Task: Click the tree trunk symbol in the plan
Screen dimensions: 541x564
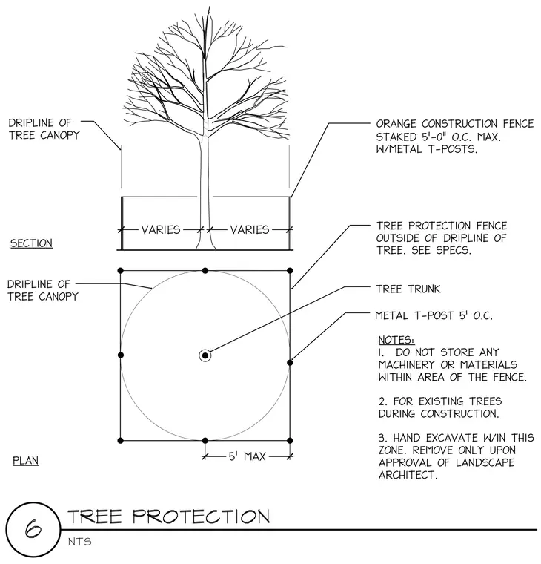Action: coord(205,355)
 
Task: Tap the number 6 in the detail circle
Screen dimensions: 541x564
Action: coord(33,528)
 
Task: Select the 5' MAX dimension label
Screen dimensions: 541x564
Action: coord(247,456)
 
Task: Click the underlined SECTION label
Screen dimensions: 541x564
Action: coord(31,243)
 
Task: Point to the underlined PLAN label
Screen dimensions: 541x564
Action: coord(25,460)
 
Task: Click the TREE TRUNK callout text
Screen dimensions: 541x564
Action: coord(408,289)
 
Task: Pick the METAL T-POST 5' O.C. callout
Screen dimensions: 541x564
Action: coord(434,315)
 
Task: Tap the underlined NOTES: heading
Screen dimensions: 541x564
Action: coord(396,340)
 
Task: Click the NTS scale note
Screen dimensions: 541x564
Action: coord(80,541)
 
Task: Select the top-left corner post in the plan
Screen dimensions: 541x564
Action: coord(120,270)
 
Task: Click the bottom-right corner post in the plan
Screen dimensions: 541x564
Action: coord(290,440)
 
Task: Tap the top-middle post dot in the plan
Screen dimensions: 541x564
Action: coord(205,270)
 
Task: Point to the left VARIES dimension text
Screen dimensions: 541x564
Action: coord(161,229)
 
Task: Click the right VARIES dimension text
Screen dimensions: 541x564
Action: coord(250,229)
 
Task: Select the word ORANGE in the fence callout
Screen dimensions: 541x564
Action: coord(396,124)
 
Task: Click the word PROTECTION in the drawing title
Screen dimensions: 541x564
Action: coord(201,517)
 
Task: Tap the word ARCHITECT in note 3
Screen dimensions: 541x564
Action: coord(408,475)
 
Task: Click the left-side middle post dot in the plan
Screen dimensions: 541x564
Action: coord(121,355)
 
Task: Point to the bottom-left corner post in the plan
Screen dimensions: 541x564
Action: coord(120,440)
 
